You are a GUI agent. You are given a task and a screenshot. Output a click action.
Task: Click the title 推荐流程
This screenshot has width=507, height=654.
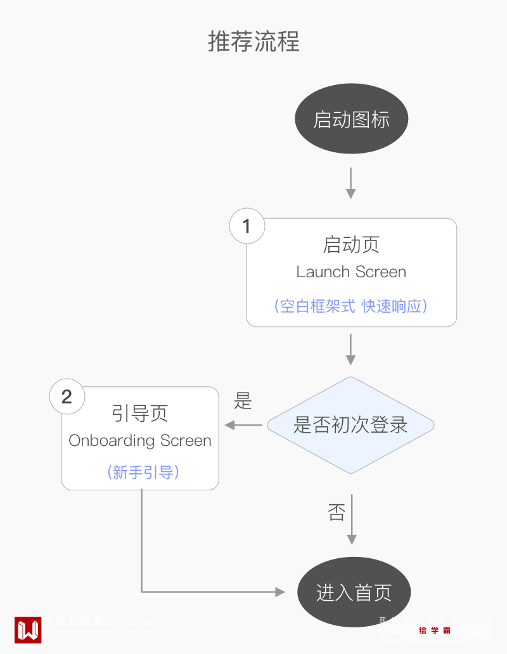tap(253, 42)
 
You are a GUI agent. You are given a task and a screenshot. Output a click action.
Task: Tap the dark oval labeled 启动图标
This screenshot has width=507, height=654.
tap(351, 119)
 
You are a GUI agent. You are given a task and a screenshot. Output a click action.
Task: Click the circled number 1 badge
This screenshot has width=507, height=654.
tap(247, 226)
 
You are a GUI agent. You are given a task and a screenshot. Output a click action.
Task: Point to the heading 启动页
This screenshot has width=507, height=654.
tap(351, 245)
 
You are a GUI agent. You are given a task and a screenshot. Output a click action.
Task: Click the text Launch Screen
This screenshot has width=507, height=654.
tap(351, 272)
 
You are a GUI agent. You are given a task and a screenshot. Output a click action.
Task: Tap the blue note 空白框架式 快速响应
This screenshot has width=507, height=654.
tap(351, 306)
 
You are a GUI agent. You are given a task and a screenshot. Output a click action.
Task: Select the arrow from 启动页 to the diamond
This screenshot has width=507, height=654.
tap(351, 349)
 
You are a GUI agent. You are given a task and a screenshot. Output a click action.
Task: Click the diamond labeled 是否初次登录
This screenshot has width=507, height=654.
tap(350, 425)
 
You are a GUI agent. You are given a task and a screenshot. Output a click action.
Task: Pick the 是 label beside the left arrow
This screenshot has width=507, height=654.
tap(243, 401)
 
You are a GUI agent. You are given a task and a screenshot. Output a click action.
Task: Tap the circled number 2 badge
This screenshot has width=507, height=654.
tap(67, 397)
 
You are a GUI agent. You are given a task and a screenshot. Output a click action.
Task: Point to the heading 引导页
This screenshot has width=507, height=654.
tap(140, 414)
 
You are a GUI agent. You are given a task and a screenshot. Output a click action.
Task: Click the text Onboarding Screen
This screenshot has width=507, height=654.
tap(140, 441)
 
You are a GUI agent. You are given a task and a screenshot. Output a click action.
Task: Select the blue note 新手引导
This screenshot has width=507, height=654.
tap(140, 473)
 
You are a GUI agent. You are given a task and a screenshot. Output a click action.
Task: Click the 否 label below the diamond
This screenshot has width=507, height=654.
tap(337, 511)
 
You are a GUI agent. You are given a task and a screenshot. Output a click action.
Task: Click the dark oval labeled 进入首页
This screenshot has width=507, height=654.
tap(354, 592)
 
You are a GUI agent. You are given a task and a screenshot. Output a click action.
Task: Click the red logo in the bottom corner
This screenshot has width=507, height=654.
tap(28, 630)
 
